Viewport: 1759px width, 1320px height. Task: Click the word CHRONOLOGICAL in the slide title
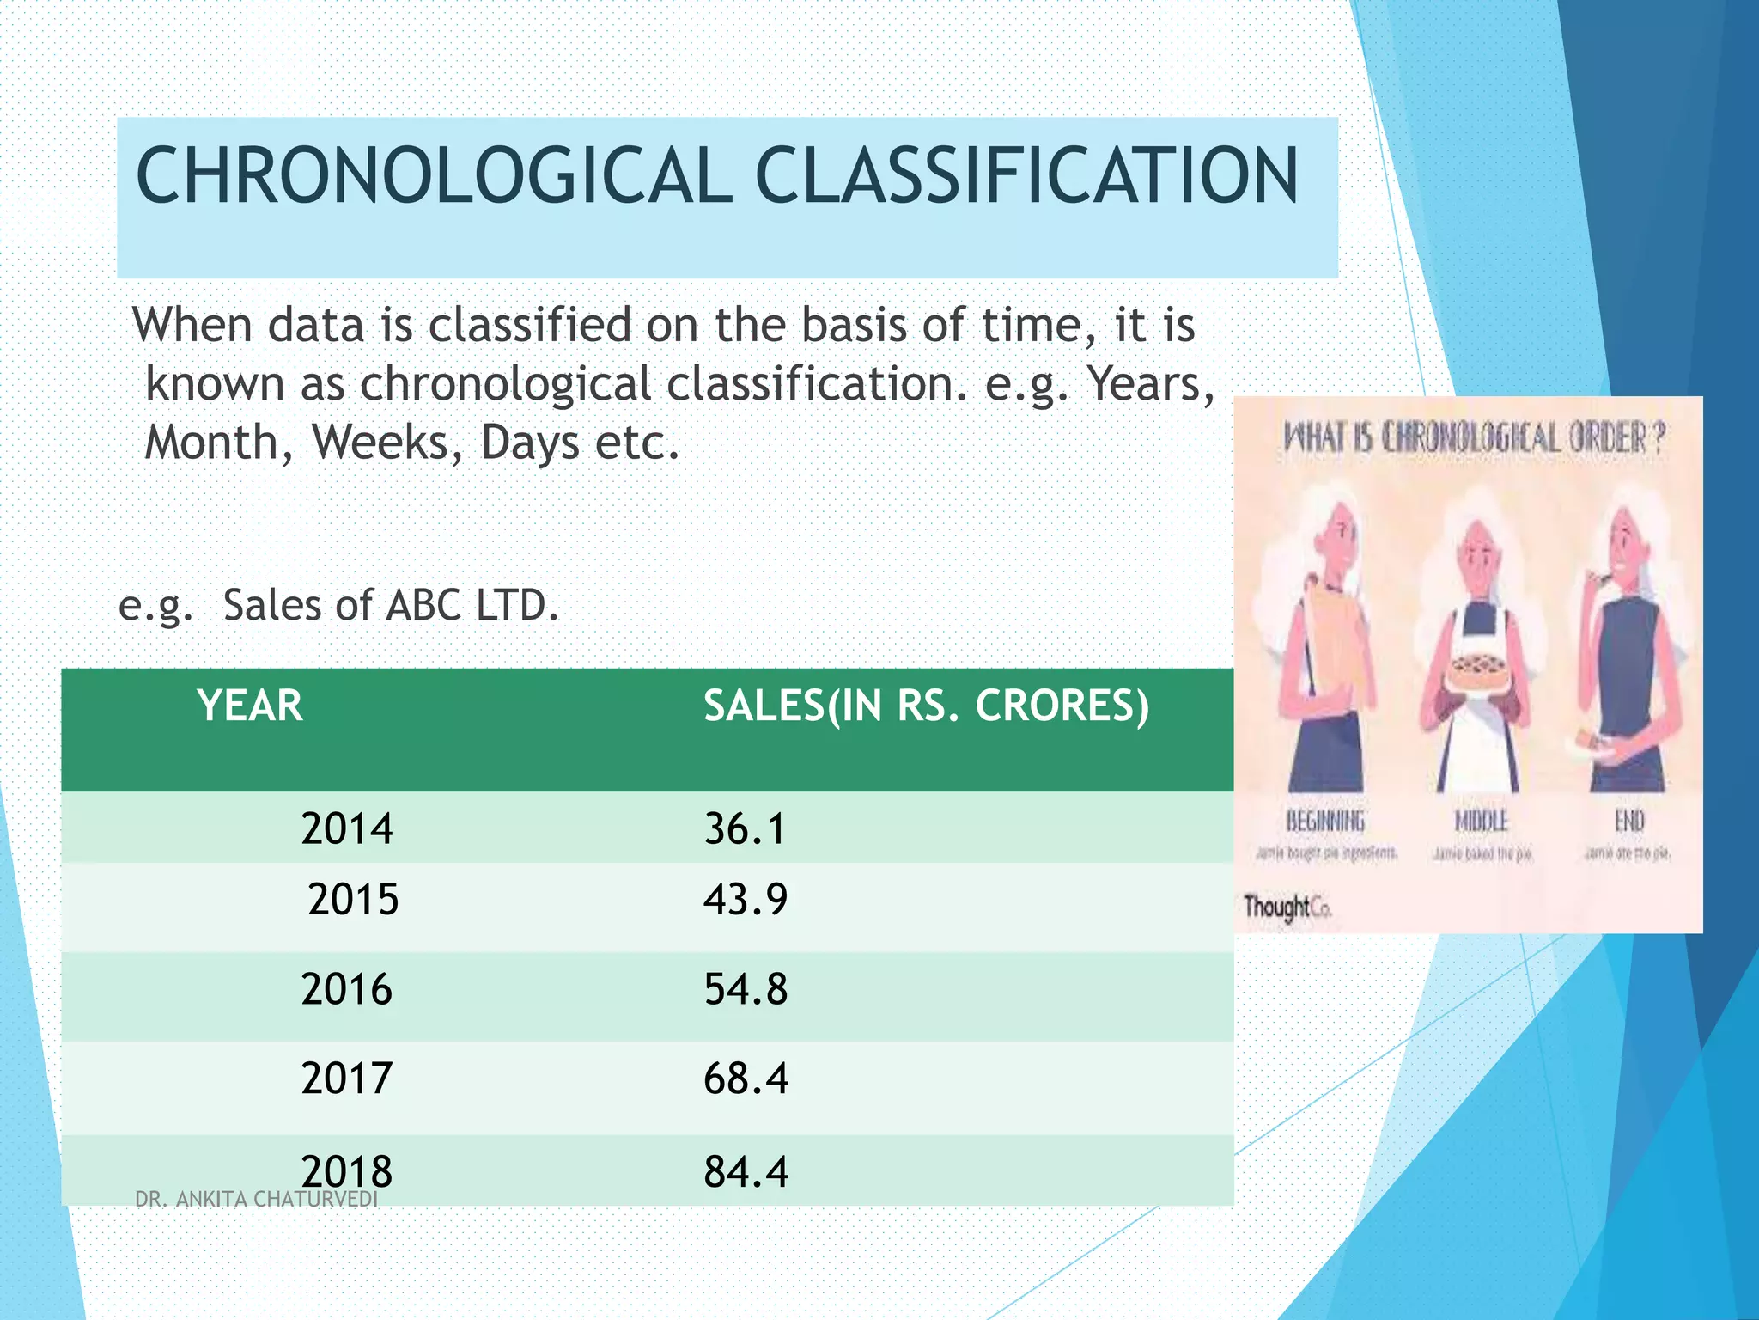pyautogui.click(x=434, y=176)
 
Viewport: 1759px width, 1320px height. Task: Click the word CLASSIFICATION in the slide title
pyautogui.click(x=1026, y=176)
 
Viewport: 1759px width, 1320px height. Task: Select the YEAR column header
pyautogui.click(x=250, y=706)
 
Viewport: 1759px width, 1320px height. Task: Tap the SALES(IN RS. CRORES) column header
pyautogui.click(x=926, y=706)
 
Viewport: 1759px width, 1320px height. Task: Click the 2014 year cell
pyautogui.click(x=347, y=829)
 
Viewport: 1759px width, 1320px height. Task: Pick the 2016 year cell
pyautogui.click(x=347, y=989)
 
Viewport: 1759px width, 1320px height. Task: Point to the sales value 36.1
pyautogui.click(x=745, y=829)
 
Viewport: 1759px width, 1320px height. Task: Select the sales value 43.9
pyautogui.click(x=745, y=900)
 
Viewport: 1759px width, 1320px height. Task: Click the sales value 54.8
pyautogui.click(x=745, y=989)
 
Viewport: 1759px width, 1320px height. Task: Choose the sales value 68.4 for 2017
pyautogui.click(x=745, y=1079)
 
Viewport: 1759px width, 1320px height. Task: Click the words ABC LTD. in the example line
pyautogui.click(x=472, y=606)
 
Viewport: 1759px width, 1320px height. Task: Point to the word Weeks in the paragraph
pyautogui.click(x=386, y=443)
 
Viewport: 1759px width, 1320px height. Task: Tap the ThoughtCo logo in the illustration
pyautogui.click(x=1287, y=907)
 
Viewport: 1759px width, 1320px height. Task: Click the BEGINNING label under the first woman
pyautogui.click(x=1324, y=821)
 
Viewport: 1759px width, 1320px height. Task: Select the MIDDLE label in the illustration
pyautogui.click(x=1481, y=821)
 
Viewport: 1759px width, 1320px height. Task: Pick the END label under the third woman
pyautogui.click(x=1628, y=821)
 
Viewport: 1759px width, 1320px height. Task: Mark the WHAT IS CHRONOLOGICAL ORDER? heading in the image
pyautogui.click(x=1472, y=438)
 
